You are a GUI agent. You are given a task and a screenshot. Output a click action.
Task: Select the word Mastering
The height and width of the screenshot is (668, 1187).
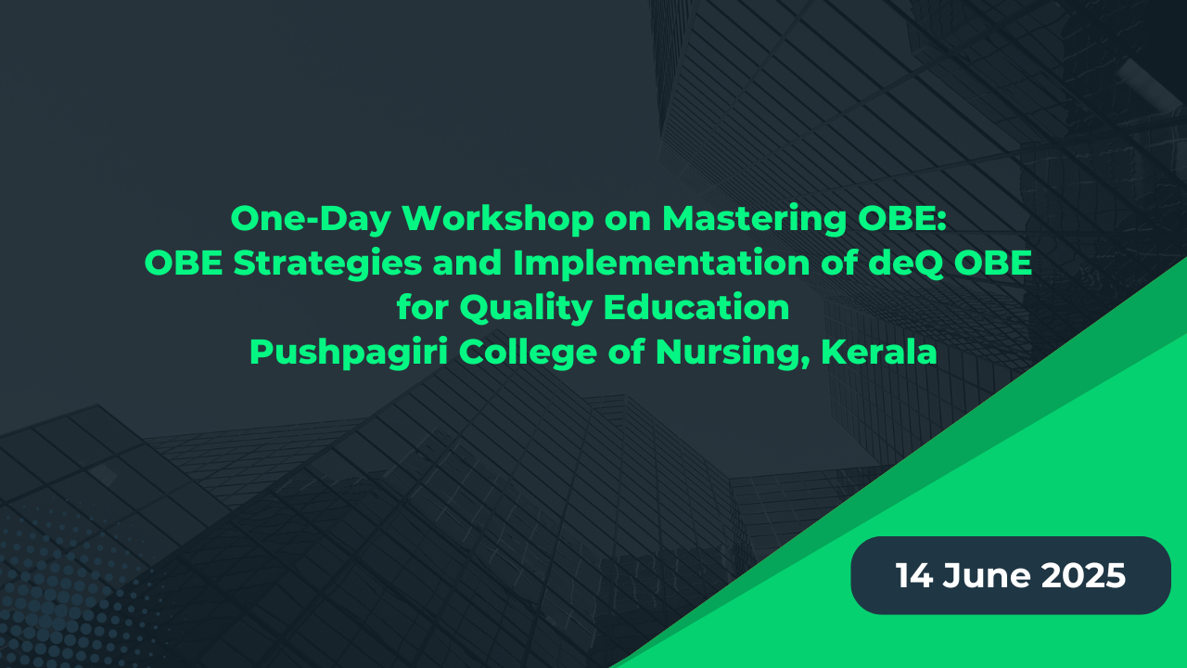(x=754, y=219)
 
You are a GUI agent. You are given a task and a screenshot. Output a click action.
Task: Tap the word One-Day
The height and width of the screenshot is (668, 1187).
(x=311, y=219)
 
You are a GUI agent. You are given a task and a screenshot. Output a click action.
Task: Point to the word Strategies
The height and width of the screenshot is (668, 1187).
(x=327, y=263)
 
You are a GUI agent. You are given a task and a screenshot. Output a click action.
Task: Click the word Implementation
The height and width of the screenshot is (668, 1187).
(x=661, y=263)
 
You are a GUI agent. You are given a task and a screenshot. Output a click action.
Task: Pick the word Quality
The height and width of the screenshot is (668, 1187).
(x=526, y=308)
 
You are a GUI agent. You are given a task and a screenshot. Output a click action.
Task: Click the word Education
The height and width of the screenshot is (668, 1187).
(x=696, y=307)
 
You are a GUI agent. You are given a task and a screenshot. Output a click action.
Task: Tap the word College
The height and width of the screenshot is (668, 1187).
(x=528, y=353)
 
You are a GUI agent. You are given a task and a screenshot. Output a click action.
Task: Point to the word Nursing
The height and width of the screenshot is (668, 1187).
(x=733, y=353)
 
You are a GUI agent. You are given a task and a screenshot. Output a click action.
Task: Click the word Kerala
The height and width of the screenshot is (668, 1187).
(x=879, y=352)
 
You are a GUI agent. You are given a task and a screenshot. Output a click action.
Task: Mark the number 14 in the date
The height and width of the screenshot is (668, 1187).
(x=914, y=575)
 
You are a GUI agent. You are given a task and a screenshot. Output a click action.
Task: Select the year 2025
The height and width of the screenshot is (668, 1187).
(x=1083, y=575)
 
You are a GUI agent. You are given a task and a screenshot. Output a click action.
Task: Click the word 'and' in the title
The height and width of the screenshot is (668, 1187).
(x=467, y=263)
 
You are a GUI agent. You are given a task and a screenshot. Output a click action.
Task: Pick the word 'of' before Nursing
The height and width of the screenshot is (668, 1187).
(x=626, y=352)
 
